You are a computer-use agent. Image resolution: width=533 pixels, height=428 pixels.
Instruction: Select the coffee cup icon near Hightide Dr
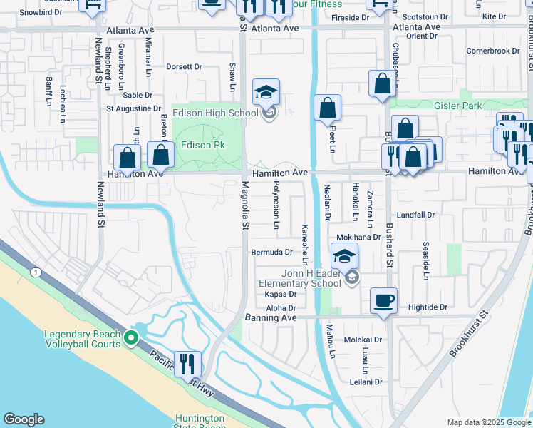point(383,300)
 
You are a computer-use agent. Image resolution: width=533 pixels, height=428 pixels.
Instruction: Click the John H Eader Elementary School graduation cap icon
point(343,256)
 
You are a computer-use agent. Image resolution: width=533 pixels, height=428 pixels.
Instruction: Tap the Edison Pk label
point(202,145)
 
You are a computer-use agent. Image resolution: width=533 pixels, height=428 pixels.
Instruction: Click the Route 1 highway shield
point(35,272)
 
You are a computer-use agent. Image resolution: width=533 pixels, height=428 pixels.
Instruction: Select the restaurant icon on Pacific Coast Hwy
point(187,363)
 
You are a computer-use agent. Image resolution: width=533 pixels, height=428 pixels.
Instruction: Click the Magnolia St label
point(244,205)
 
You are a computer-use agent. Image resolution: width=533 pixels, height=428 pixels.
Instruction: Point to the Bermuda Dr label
point(272,252)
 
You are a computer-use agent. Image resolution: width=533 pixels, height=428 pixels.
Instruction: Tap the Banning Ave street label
point(271,317)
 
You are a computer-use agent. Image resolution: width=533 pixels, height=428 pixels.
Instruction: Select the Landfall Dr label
point(415,214)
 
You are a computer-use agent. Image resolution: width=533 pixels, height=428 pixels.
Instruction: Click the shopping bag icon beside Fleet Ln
point(327,108)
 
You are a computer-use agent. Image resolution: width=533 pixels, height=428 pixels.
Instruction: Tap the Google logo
point(24,419)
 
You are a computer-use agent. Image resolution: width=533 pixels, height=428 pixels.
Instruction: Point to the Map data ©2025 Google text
point(489,422)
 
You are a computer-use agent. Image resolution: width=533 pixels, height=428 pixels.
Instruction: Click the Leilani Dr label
point(367,382)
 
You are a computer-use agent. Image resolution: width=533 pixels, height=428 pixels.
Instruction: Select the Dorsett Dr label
point(184,67)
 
